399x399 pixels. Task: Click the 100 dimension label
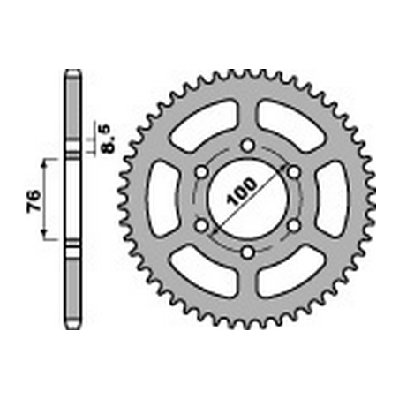[242, 192]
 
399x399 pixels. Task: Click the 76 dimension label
[34, 201]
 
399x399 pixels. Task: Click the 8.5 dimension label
[108, 139]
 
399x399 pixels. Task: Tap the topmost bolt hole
[248, 145]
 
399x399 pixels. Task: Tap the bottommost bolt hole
[248, 252]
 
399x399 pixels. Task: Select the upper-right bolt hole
[294, 172]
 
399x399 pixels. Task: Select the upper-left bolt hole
[201, 172]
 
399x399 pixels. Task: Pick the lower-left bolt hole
[201, 226]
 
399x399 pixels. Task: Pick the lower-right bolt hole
[294, 226]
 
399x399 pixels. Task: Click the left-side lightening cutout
[162, 199]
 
